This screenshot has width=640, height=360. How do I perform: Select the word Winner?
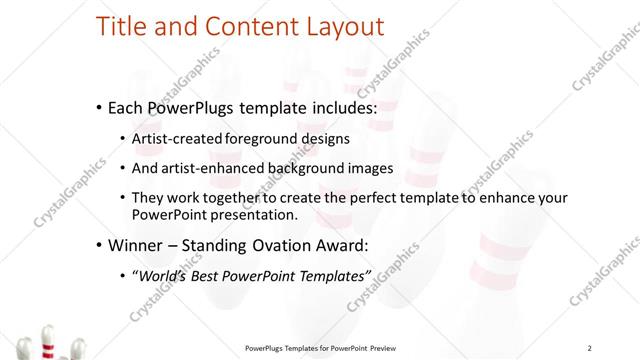136,245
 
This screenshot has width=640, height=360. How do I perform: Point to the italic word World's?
167,275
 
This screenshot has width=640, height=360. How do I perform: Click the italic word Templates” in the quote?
335,275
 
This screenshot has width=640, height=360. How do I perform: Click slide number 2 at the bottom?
590,348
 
